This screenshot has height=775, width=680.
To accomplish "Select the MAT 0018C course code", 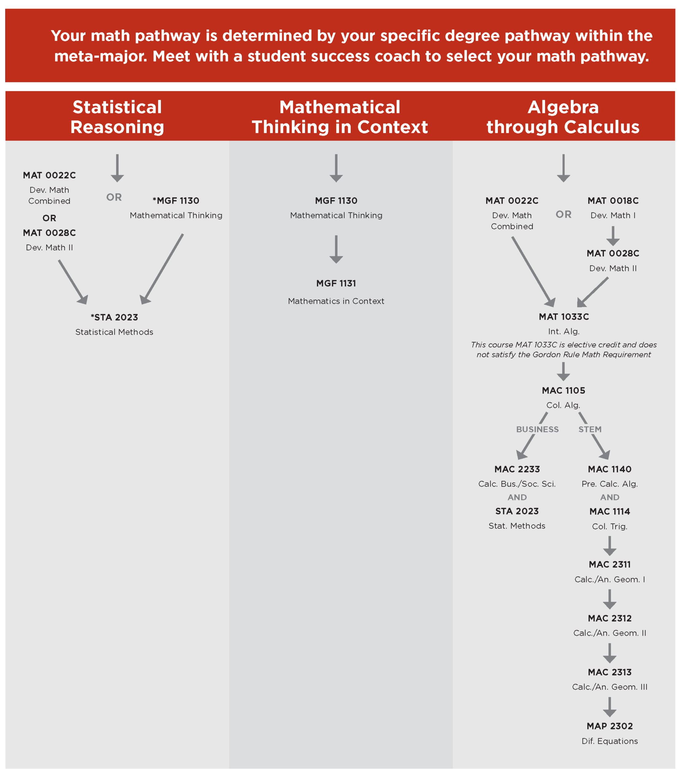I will (x=613, y=201).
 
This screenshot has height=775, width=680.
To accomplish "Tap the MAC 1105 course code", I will (x=563, y=390).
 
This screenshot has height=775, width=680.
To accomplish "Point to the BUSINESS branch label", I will (x=537, y=429).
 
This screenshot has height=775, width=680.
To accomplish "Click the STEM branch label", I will (x=590, y=429).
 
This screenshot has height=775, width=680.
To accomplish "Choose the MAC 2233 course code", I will (x=517, y=469).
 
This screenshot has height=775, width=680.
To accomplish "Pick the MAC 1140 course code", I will (x=609, y=469).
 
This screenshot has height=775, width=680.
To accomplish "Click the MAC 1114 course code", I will (x=609, y=511).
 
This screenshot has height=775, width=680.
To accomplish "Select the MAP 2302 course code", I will (x=609, y=726).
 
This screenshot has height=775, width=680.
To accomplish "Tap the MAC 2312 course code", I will (x=609, y=618).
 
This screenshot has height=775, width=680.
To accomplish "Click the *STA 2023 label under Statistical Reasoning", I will (x=114, y=317).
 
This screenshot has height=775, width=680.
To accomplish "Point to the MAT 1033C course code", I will (x=563, y=316).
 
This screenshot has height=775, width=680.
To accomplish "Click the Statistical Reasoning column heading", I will (x=117, y=117).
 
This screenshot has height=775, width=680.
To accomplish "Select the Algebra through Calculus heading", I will (x=563, y=117).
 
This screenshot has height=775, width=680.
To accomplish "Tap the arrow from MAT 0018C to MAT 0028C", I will (x=613, y=236).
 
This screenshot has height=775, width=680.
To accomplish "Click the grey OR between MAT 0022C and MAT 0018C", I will (x=563, y=215).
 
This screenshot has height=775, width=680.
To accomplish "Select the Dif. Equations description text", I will (x=609, y=741).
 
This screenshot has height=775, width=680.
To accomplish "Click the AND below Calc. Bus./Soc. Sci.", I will (x=517, y=497).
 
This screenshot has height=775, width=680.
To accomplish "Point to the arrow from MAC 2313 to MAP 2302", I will (x=609, y=707).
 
